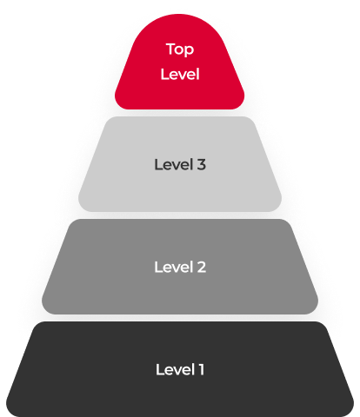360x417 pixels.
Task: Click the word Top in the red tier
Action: click(180, 50)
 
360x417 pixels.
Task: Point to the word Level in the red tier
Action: click(180, 74)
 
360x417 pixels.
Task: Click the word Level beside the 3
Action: click(174, 164)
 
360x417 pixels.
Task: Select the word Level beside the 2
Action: click(174, 267)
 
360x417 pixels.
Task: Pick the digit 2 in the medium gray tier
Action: click(202, 267)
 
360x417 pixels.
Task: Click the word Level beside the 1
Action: click(175, 369)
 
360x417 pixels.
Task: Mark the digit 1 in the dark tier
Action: click(202, 369)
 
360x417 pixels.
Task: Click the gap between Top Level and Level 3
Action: click(180, 113)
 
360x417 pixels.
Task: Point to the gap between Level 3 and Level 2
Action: click(180, 215)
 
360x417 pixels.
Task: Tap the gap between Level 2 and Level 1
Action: click(180, 318)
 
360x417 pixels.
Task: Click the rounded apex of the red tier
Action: click(179, 15)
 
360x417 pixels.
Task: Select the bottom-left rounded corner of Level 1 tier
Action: click(11, 411)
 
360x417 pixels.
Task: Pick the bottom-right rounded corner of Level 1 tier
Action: click(349, 411)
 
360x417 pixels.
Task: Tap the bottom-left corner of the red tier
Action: click(119, 105)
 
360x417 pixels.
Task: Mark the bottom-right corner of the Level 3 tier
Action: click(277, 207)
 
